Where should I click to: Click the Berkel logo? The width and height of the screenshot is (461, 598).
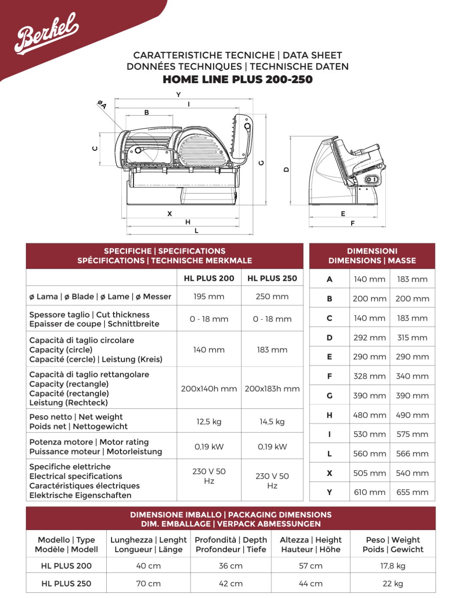(x=46, y=32)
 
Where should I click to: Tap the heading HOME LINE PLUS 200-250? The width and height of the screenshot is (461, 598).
(x=238, y=79)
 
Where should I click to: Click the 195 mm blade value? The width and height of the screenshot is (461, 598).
(x=209, y=297)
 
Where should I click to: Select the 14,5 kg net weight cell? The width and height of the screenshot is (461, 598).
(x=272, y=422)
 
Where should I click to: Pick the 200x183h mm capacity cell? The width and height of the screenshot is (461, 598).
(x=272, y=389)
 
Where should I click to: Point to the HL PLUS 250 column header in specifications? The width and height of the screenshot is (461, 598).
(x=272, y=279)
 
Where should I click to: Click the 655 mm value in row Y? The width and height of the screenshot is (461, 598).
(x=412, y=492)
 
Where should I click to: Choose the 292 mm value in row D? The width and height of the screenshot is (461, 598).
(x=369, y=338)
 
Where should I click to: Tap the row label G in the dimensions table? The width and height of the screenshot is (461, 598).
(x=329, y=396)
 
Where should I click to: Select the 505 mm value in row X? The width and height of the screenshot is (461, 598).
(x=369, y=473)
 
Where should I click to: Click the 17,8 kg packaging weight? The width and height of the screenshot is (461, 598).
(x=392, y=565)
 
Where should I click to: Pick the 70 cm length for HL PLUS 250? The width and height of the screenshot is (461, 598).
(x=148, y=584)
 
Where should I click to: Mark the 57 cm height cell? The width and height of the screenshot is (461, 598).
(x=311, y=565)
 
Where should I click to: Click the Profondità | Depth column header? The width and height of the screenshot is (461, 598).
(x=231, y=545)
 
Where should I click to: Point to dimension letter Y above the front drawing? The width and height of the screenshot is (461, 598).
(x=179, y=95)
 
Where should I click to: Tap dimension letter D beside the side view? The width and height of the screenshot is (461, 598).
(x=286, y=170)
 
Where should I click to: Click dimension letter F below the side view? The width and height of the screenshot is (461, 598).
(x=353, y=223)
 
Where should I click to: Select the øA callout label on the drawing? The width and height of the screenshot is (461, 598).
(x=102, y=104)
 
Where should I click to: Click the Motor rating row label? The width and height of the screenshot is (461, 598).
(x=95, y=447)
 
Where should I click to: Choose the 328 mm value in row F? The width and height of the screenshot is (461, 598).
(x=369, y=376)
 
